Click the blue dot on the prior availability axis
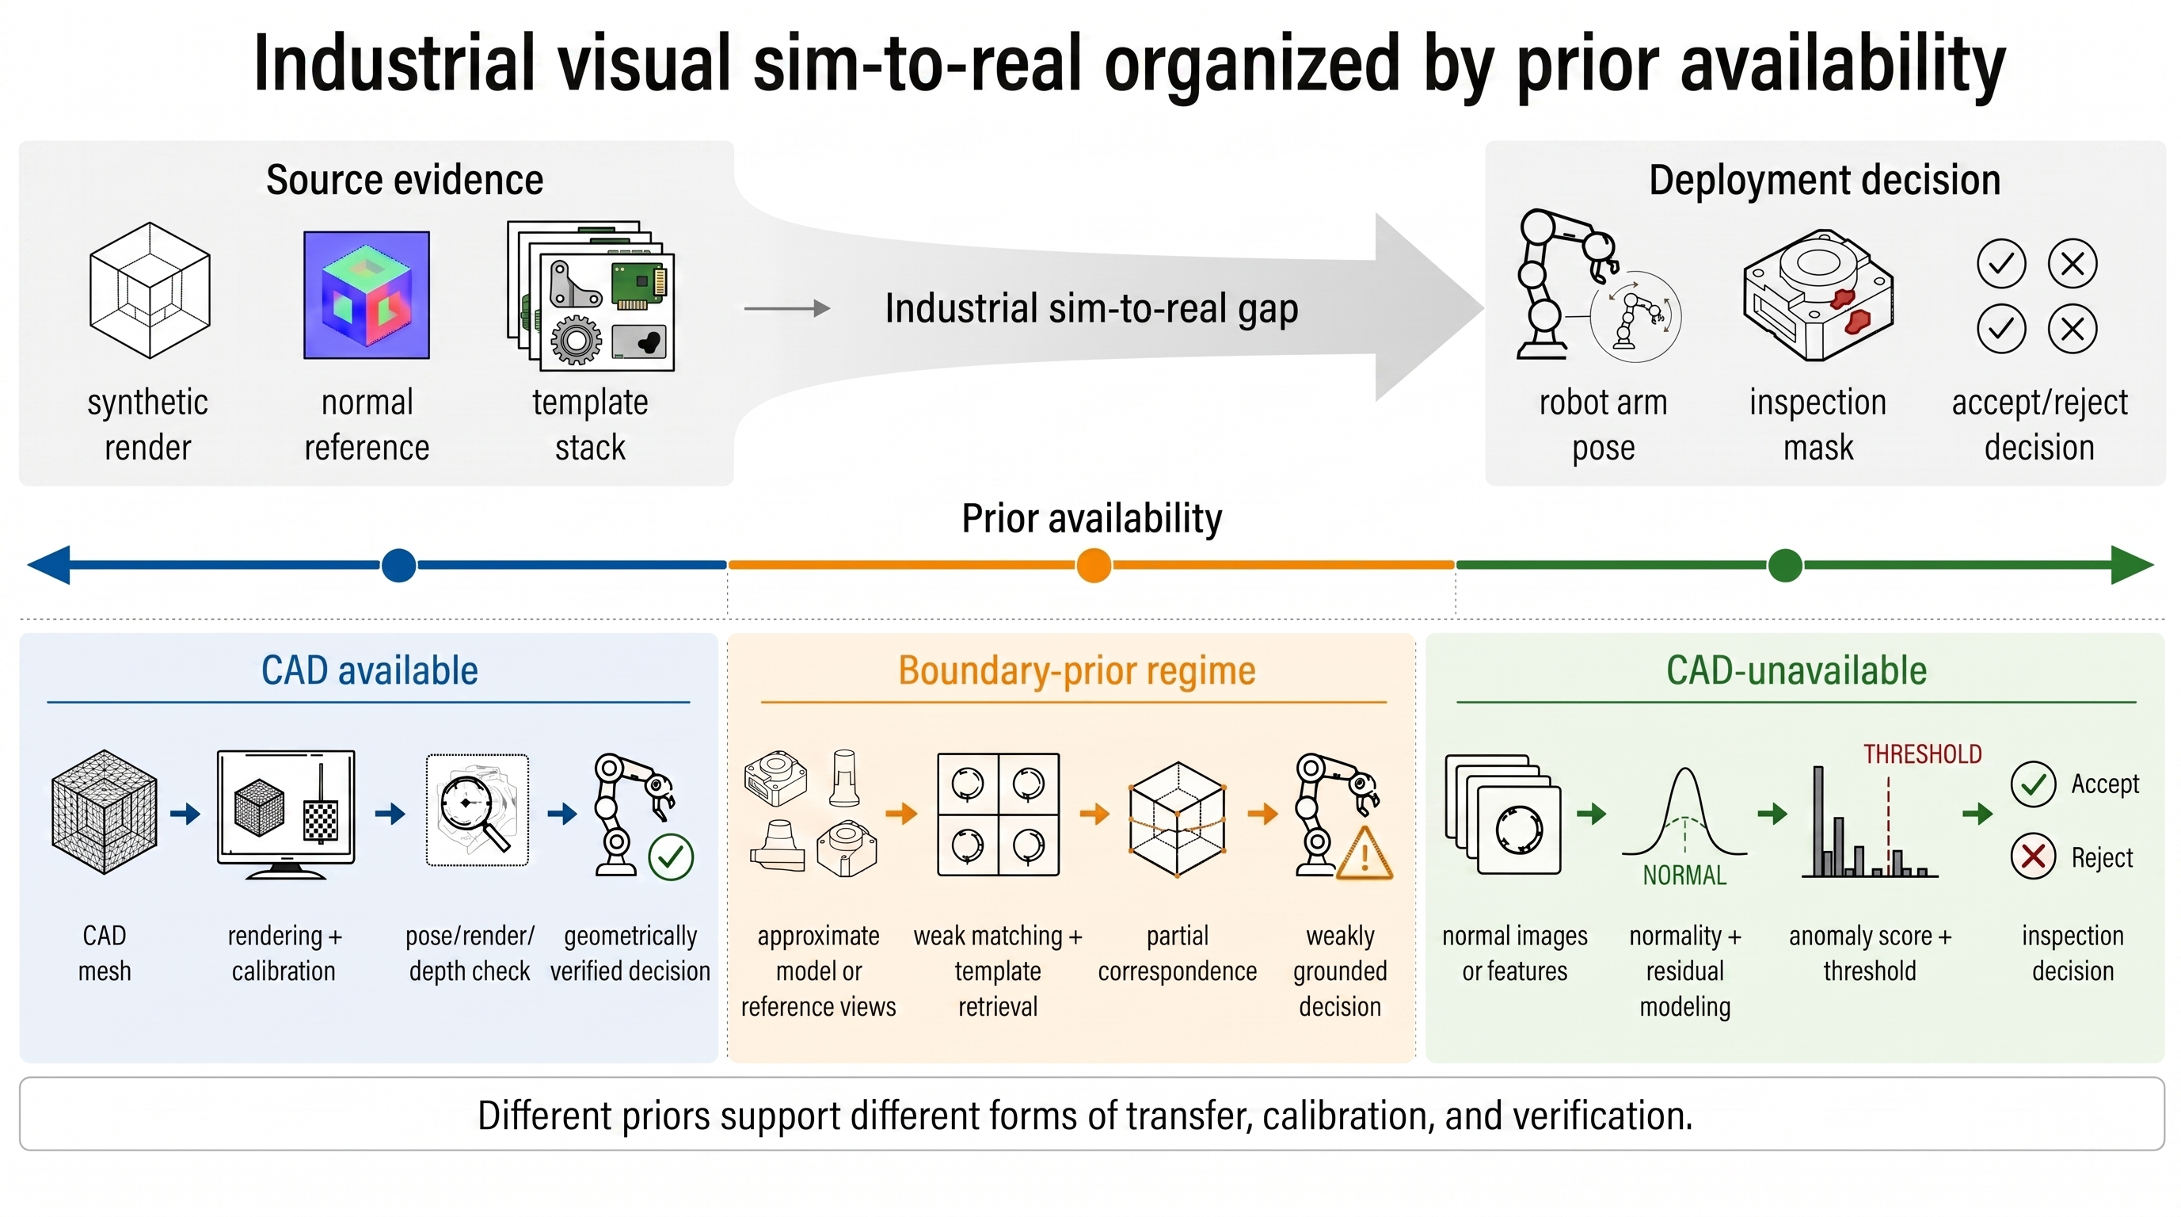coord(399,565)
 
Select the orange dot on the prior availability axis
coord(1094,565)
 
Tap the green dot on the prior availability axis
coord(1786,565)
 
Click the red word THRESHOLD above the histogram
coord(1923,753)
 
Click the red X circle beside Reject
coord(2033,856)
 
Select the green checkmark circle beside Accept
coord(2033,784)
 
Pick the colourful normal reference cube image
coord(367,295)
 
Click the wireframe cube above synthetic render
coord(150,290)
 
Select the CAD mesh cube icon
coord(104,811)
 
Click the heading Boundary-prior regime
coord(1077,671)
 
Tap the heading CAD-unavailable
coord(1797,671)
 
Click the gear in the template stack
coord(577,340)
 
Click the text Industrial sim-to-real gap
coord(1091,309)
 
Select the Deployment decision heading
coord(1825,181)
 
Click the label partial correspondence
coord(1178,953)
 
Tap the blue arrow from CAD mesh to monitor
coord(185,814)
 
